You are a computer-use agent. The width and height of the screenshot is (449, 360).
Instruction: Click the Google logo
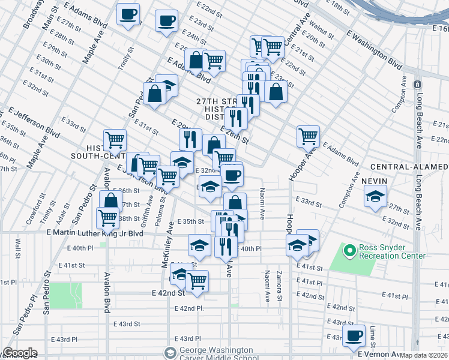tap(20, 353)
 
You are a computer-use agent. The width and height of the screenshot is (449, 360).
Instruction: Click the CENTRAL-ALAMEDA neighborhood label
tap(408, 166)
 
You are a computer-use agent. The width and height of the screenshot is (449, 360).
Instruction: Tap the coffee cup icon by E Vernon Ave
tap(354, 334)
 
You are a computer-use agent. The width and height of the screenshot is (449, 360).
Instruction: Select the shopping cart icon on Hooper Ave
tap(308, 136)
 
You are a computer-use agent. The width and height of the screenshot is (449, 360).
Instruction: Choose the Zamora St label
tap(279, 285)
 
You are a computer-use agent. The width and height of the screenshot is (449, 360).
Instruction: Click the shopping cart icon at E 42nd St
tap(197, 280)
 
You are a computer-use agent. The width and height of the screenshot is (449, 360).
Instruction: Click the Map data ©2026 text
tap(424, 355)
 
